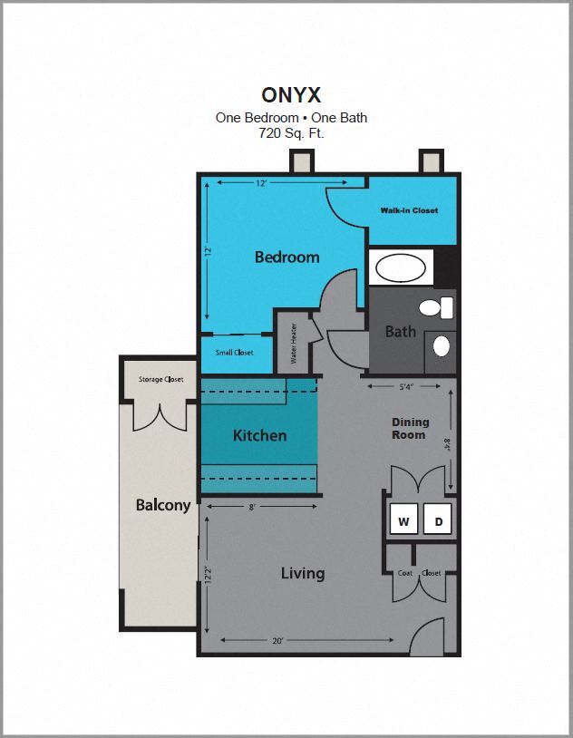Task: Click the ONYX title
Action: pyautogui.click(x=290, y=94)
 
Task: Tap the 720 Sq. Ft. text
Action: pyautogui.click(x=291, y=132)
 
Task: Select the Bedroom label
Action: pyautogui.click(x=286, y=257)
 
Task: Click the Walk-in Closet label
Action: pyautogui.click(x=409, y=210)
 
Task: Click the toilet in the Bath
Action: pyautogui.click(x=442, y=307)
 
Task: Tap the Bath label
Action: pyautogui.click(x=400, y=332)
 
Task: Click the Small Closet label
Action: pyautogui.click(x=234, y=352)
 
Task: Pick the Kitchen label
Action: pyautogui.click(x=259, y=436)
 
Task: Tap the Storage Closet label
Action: pyautogui.click(x=161, y=379)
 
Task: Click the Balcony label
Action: pyautogui.click(x=163, y=505)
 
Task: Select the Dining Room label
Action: pyautogui.click(x=410, y=429)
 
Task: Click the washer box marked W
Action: pyautogui.click(x=403, y=521)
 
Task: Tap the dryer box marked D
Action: pyautogui.click(x=439, y=521)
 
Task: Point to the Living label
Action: pyautogui.click(x=303, y=573)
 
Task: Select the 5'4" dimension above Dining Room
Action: pyautogui.click(x=405, y=387)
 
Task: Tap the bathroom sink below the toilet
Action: pyautogui.click(x=441, y=345)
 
